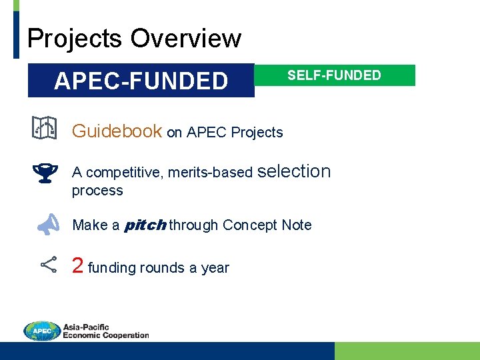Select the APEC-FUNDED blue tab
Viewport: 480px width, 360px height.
[x=141, y=81]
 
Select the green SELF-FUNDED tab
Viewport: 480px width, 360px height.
[x=334, y=75]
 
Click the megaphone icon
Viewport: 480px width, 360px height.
[x=47, y=225]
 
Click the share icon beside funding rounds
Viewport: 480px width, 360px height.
[x=48, y=265]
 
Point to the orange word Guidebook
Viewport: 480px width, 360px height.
[x=117, y=131]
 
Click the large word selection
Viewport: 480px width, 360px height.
[x=293, y=171]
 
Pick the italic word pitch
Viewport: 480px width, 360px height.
[x=145, y=225]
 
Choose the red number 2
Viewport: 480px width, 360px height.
[x=77, y=266]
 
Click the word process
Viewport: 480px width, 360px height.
[x=97, y=191]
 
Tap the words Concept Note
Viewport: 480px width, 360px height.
[x=267, y=225]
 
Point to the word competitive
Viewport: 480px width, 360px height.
[x=125, y=173]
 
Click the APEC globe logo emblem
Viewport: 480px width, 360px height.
[x=41, y=331]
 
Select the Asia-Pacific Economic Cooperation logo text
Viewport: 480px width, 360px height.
[x=105, y=331]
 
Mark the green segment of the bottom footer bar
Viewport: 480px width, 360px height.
[x=407, y=351]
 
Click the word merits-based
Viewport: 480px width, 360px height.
[x=210, y=173]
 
